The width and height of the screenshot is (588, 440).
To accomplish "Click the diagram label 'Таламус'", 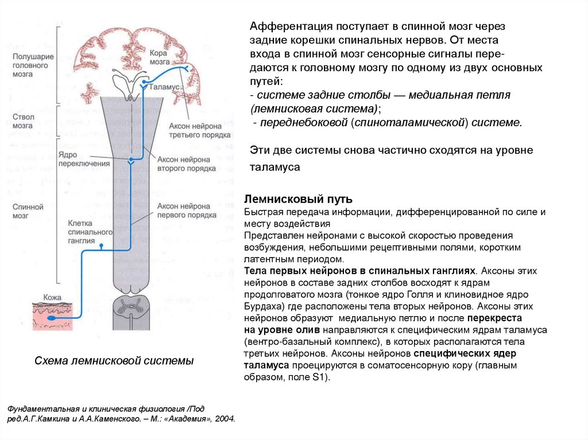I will click(165, 89).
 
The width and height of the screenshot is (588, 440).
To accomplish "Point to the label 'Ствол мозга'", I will click(23, 120).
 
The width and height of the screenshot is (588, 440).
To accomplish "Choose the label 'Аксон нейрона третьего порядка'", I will click(200, 130).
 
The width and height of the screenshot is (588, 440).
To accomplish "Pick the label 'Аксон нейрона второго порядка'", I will click(187, 164).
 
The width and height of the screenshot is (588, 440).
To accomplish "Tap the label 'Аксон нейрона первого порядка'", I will click(187, 210).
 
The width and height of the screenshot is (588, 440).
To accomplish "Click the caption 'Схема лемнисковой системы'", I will click(114, 361).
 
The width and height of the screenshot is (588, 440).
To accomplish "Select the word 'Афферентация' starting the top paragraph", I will click(282, 27).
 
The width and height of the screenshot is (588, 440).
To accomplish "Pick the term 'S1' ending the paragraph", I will click(318, 377).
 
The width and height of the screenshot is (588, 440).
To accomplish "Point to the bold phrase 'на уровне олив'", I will click(282, 330).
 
